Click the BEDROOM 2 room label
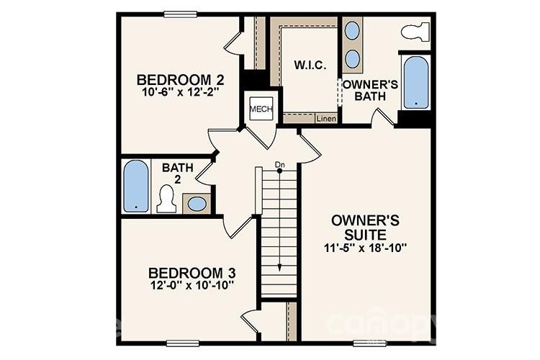[176, 79]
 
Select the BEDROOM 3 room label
[192, 273]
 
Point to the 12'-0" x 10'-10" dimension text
[192, 286]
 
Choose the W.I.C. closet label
[310, 66]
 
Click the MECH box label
[258, 109]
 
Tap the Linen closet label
[326, 119]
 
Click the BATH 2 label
[177, 174]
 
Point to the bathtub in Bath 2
[135, 186]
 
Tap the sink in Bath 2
[197, 204]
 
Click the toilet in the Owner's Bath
[414, 32]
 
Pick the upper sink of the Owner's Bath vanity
[353, 32]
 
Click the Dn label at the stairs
[280, 166]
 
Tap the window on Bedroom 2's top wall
[181, 14]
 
